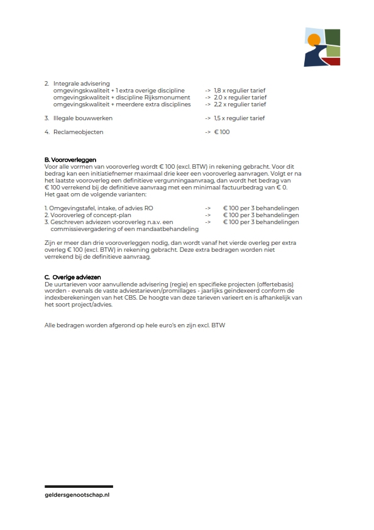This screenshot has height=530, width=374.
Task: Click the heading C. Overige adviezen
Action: (x=72, y=277)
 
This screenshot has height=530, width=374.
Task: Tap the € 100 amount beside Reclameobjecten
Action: (x=223, y=132)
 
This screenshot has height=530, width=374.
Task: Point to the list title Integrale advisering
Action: (x=81, y=83)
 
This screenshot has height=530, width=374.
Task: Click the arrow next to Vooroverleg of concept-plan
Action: (x=207, y=215)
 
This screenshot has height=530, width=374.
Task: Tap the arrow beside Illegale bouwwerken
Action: (x=207, y=118)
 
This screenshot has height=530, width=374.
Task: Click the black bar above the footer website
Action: (x=79, y=487)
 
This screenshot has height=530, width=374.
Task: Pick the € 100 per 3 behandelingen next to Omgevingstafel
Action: (x=261, y=208)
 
